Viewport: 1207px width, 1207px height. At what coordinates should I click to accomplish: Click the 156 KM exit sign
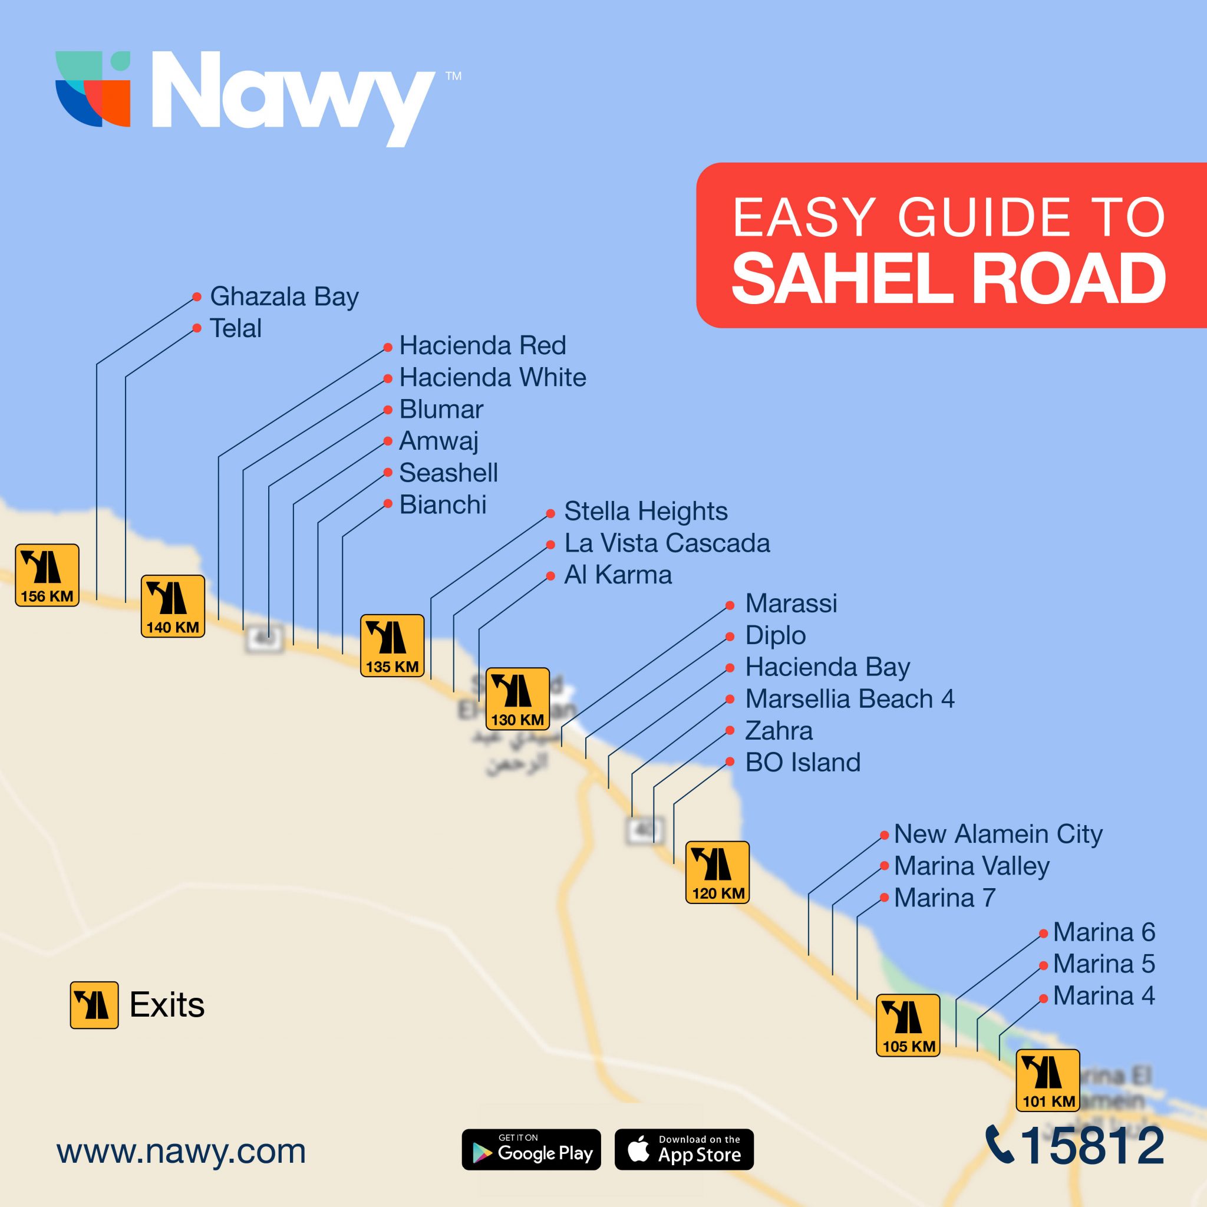pos(47,575)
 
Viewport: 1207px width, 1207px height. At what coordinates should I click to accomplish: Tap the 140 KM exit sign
pos(173,606)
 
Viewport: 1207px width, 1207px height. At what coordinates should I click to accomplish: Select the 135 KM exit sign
pos(392,645)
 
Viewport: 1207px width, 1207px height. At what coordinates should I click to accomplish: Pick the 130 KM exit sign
pos(517,698)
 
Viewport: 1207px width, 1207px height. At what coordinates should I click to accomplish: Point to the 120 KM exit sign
pos(717,872)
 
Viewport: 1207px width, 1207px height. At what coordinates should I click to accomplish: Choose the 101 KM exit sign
pos(1048,1080)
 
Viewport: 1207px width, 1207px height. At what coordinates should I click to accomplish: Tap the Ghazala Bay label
pos(284,297)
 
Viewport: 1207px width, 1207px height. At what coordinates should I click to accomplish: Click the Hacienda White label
pos(492,377)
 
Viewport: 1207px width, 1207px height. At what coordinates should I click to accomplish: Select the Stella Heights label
pos(645,511)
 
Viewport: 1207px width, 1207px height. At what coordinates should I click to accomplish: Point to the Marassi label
pos(791,603)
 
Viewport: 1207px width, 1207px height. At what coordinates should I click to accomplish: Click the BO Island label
pos(803,762)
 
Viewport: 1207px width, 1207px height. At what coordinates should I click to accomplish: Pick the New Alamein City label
pos(998,834)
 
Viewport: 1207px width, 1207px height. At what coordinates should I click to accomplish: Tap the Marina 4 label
pos(1104,996)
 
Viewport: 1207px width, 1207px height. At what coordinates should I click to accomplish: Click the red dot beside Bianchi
pos(388,503)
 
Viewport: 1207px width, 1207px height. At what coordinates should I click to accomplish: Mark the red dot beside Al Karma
pos(550,576)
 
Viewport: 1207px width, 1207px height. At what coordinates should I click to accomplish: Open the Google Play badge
pos(531,1149)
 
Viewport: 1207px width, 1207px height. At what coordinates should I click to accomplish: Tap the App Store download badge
pos(684,1149)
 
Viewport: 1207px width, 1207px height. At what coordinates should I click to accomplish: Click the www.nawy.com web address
pos(181,1151)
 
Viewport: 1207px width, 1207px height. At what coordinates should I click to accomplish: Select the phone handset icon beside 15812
pos(999,1145)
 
